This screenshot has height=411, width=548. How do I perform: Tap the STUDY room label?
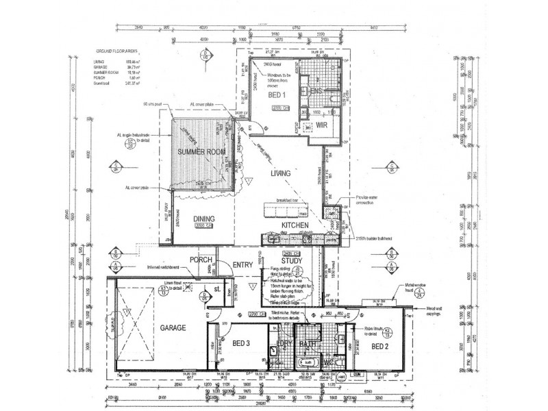click(292, 260)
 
